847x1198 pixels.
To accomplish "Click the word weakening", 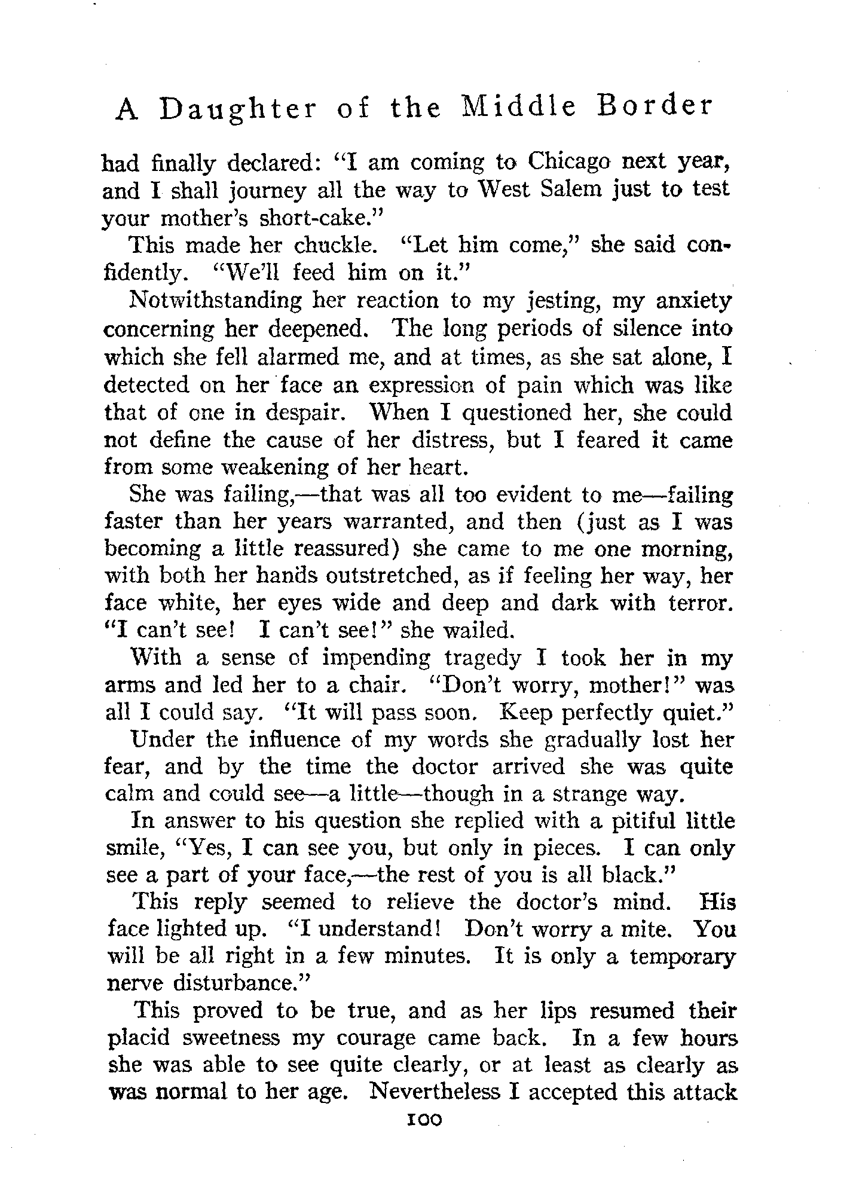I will [x=262, y=467].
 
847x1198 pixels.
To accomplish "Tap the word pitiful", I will [x=646, y=821].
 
